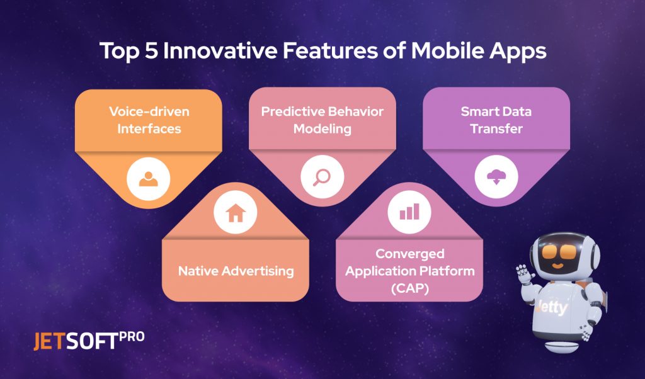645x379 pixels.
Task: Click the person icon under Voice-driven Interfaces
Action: point(149,179)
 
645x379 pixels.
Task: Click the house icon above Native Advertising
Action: point(235,213)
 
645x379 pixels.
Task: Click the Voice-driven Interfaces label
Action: point(149,120)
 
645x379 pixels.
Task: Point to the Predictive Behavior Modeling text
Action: point(322,120)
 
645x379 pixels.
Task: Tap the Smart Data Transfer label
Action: point(496,120)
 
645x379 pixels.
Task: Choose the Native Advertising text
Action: point(236,271)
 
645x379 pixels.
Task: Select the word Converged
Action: point(409,254)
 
